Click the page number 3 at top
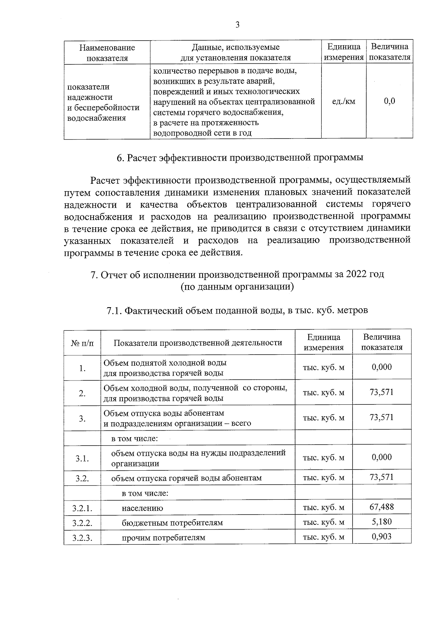237,25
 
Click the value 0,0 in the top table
389,101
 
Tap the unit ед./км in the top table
344,101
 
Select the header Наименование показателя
107,52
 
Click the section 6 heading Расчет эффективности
240,158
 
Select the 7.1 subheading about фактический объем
237,311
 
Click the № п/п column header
82,343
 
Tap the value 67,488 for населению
382,507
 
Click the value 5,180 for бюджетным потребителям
382,522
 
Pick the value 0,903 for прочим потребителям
382,537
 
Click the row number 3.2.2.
82,523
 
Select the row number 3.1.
82,459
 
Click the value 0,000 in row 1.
382,367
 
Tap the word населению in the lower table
142,508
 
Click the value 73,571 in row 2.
382,392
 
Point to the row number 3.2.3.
82,538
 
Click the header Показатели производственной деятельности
198,343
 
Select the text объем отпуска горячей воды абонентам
186,478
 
